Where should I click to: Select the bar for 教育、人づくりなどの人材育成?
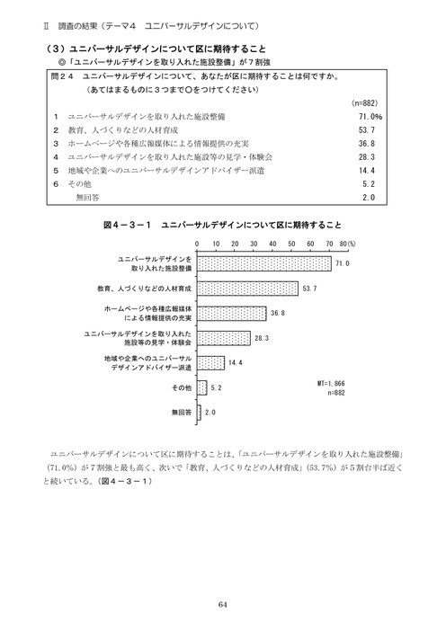pyautogui.click(x=246, y=289)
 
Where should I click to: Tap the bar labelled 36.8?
pyautogui.click(x=230, y=313)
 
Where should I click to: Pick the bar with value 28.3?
pyautogui.click(x=223, y=338)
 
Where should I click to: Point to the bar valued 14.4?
pyautogui.click(x=210, y=362)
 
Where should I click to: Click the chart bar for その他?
pyautogui.click(x=201, y=387)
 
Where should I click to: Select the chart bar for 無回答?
pyautogui.click(x=199, y=413)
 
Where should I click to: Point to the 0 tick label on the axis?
pyautogui.click(x=197, y=244)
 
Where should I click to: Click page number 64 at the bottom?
pyautogui.click(x=223, y=603)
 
